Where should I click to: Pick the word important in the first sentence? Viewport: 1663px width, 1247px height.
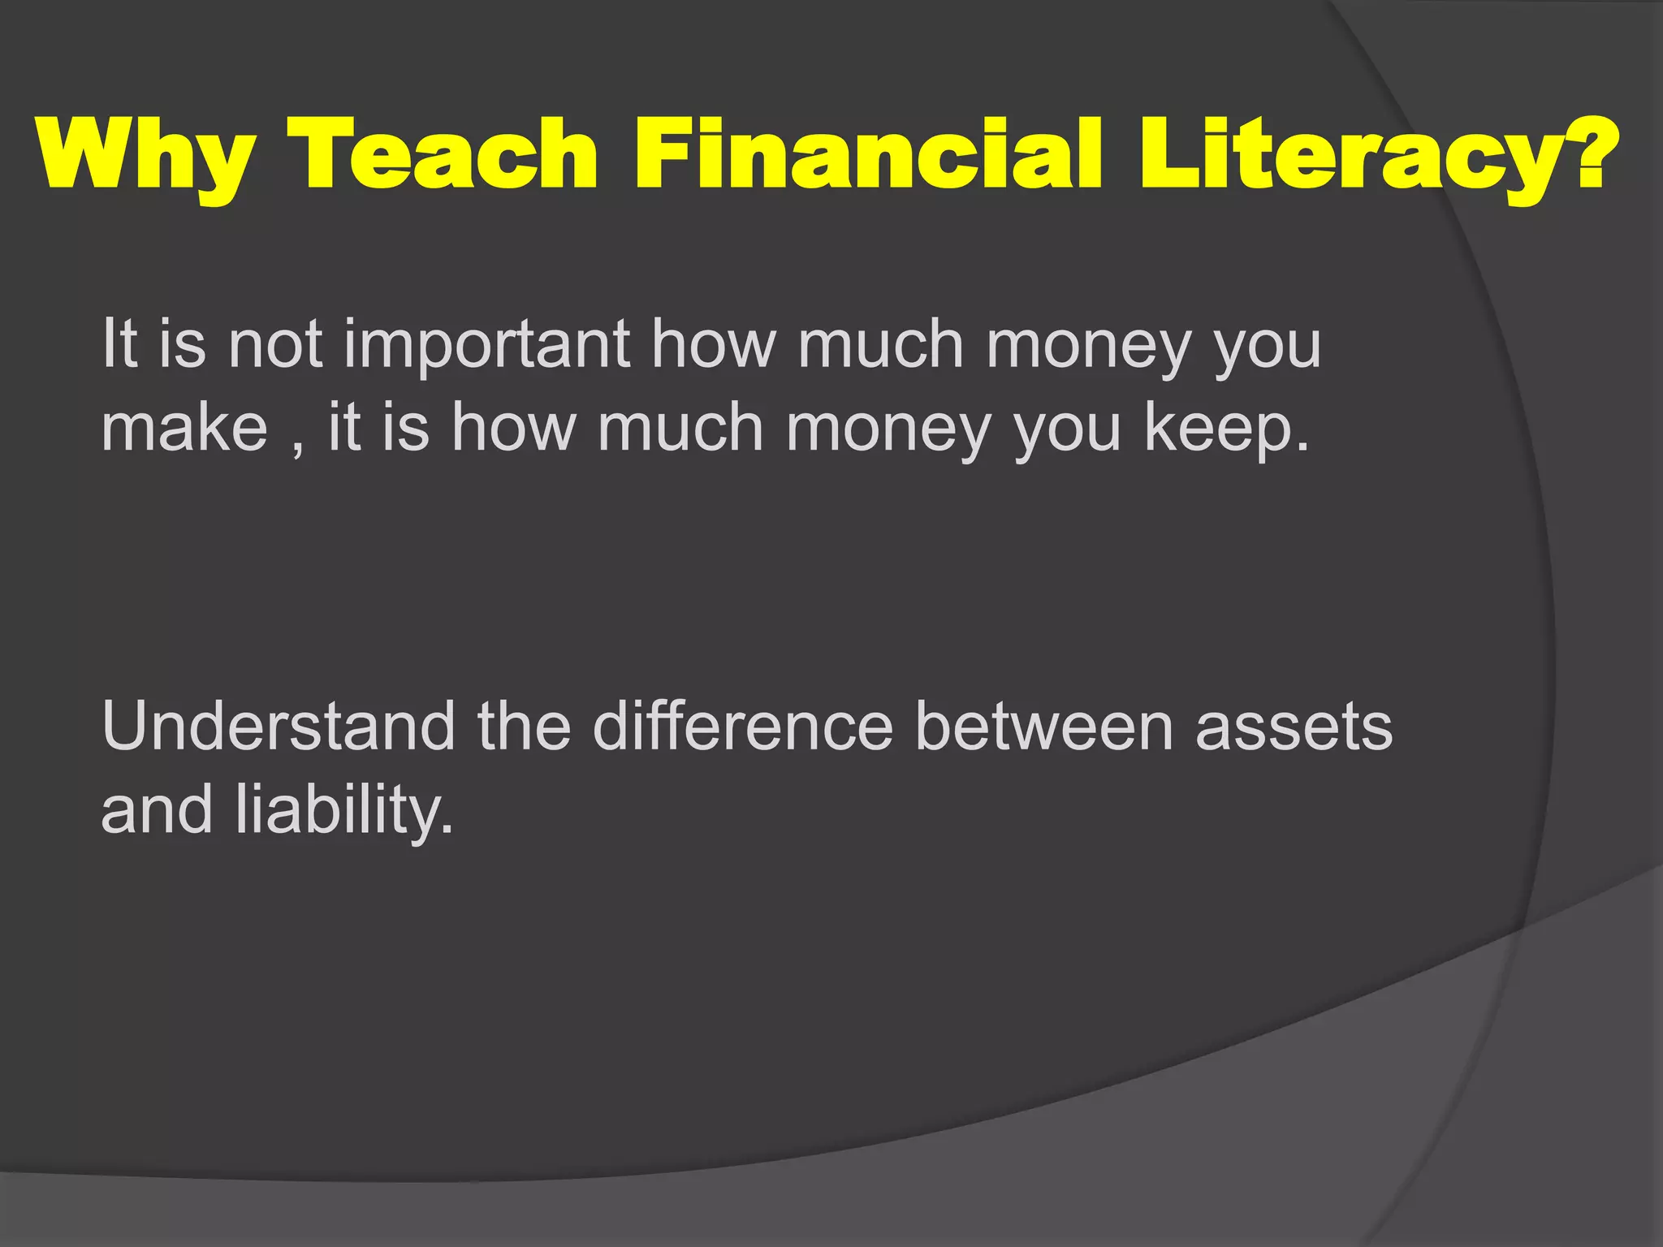pos(487,344)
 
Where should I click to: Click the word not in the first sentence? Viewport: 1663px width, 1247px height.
pos(275,344)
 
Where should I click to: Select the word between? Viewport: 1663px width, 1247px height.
pos(1044,726)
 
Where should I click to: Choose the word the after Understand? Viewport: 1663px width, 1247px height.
pos(524,726)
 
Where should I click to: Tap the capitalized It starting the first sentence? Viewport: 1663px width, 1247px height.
pos(119,344)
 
